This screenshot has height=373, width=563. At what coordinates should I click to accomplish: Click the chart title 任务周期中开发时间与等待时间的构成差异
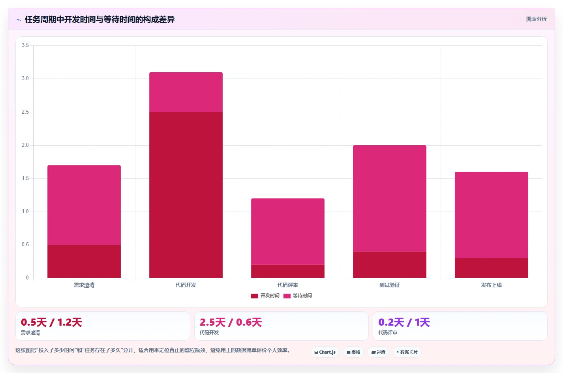pyautogui.click(x=99, y=19)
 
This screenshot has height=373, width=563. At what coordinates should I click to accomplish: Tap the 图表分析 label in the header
pyautogui.click(x=537, y=19)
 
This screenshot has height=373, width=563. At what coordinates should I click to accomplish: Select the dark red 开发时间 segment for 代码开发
pyautogui.click(x=186, y=195)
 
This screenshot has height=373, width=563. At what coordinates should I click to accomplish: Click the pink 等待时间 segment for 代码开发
pyautogui.click(x=186, y=92)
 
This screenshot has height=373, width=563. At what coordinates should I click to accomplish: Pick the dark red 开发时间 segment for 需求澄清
pyautogui.click(x=84, y=261)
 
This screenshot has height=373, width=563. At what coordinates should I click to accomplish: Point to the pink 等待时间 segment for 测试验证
pyautogui.click(x=390, y=198)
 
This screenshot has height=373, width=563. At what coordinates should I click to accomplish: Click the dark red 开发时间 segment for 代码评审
pyautogui.click(x=288, y=271)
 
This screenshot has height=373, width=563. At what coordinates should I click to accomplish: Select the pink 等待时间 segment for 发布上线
pyautogui.click(x=492, y=215)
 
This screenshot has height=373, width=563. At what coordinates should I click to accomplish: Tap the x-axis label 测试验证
pyautogui.click(x=390, y=285)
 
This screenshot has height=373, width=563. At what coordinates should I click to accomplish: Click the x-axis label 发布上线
pyautogui.click(x=492, y=285)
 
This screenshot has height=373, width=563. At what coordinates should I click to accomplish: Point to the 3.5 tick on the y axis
pyautogui.click(x=25, y=45)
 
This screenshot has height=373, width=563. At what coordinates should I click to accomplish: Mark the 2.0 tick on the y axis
pyautogui.click(x=25, y=145)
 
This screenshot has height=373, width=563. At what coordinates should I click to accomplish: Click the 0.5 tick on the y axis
pyautogui.click(x=25, y=245)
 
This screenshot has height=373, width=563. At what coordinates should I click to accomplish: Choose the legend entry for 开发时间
pyautogui.click(x=265, y=296)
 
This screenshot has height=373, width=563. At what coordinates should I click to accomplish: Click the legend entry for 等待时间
pyautogui.click(x=298, y=296)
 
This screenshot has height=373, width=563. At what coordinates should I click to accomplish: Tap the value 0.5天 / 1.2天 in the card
pyautogui.click(x=52, y=322)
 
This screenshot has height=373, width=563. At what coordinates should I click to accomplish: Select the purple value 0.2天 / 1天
pyautogui.click(x=404, y=322)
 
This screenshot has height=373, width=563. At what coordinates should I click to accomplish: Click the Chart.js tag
pyautogui.click(x=325, y=352)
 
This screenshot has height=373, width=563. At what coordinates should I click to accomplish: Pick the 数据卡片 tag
pyautogui.click(x=407, y=352)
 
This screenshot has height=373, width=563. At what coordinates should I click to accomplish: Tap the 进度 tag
pyautogui.click(x=378, y=352)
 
